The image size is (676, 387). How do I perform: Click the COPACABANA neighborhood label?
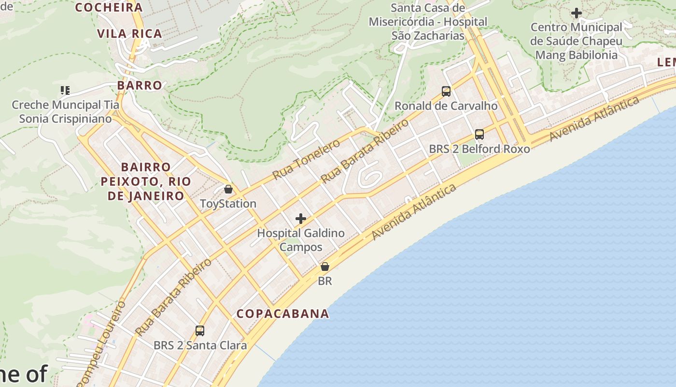(282, 313)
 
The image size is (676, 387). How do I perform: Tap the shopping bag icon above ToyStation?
(228, 189)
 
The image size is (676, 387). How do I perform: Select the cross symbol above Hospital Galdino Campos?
(301, 219)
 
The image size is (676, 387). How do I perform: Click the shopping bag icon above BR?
(325, 267)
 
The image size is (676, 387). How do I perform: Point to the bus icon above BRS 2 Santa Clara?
(200, 331)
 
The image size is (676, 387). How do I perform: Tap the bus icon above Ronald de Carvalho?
(446, 91)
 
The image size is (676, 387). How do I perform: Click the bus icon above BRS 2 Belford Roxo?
(479, 134)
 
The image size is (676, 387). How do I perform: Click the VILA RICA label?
(129, 33)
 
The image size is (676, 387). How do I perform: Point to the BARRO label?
(140, 86)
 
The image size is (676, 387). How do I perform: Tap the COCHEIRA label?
(109, 7)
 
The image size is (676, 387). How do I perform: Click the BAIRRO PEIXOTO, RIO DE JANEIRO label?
(146, 181)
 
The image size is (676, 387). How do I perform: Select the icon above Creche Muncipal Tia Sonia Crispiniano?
(65, 90)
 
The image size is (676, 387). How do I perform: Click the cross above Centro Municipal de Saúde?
(576, 13)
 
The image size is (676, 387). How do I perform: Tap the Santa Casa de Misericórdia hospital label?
(428, 22)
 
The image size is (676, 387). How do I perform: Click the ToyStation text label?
(228, 204)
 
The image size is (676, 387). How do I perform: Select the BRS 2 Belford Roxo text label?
(479, 149)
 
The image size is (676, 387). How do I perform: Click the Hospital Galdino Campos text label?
(301, 240)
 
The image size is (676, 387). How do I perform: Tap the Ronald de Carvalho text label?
(446, 105)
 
